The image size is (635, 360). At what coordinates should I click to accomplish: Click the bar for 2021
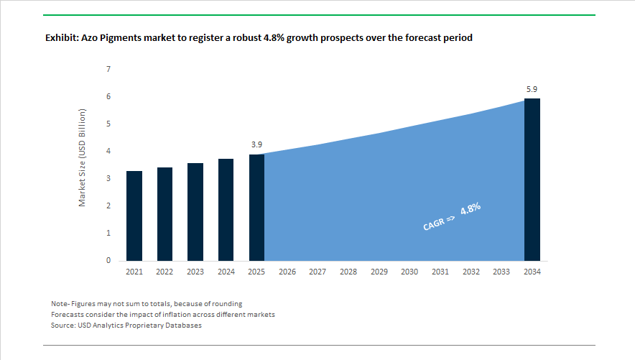point(134,216)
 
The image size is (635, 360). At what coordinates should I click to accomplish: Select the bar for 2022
point(164,214)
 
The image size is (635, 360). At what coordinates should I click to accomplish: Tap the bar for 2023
point(195,212)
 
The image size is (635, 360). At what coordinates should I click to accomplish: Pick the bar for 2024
point(226,210)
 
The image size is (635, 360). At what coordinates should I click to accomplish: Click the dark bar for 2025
point(256,208)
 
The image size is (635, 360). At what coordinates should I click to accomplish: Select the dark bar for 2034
point(532,180)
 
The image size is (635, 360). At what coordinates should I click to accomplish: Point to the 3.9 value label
point(256,144)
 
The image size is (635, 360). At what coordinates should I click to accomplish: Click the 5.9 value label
point(532,89)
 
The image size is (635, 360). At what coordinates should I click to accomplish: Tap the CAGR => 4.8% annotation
point(450,217)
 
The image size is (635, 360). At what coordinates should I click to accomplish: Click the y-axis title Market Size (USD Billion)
point(82,158)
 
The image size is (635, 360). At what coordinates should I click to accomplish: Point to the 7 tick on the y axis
point(108,70)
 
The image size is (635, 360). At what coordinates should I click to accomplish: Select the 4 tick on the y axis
point(108,152)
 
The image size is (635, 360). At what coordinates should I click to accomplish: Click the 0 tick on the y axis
point(108,261)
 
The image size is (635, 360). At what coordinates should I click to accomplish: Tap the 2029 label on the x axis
point(379,272)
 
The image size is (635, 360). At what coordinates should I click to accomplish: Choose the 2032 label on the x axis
point(471,272)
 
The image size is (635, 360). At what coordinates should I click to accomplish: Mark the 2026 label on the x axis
point(287,272)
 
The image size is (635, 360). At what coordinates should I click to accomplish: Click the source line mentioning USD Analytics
point(126,326)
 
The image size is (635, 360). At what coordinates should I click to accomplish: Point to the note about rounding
point(147,303)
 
